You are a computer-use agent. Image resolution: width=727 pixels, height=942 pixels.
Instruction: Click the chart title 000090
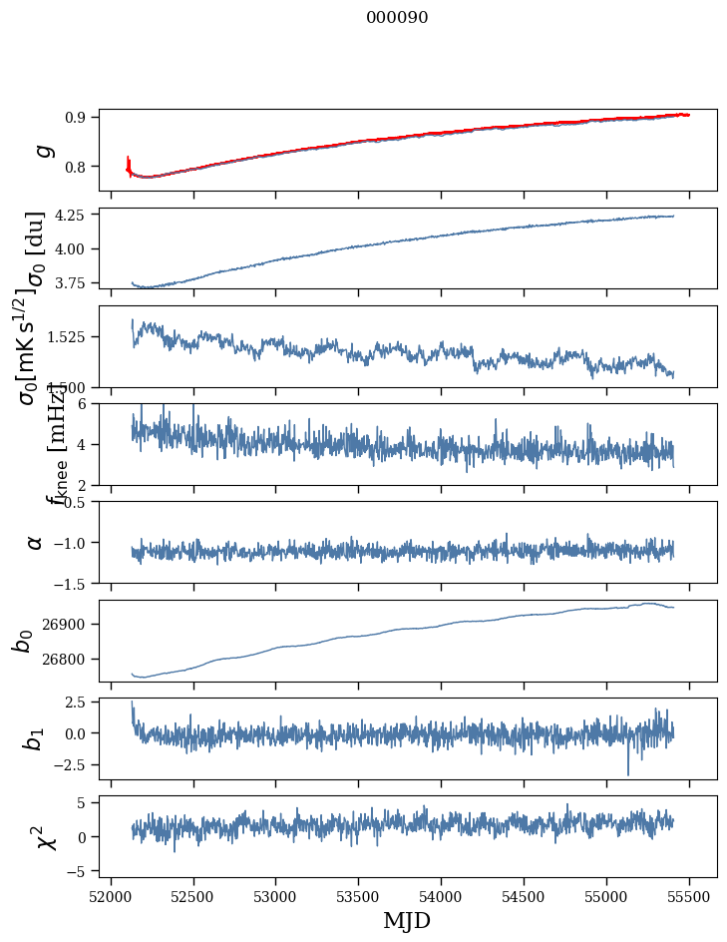[x=397, y=18]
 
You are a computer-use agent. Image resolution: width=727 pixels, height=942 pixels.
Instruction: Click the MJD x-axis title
[x=408, y=920]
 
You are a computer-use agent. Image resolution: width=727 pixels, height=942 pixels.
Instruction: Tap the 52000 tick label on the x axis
[x=111, y=896]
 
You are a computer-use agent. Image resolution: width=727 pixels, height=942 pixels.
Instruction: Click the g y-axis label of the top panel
[x=42, y=150]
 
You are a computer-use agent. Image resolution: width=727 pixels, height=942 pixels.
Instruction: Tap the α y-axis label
[x=35, y=542]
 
